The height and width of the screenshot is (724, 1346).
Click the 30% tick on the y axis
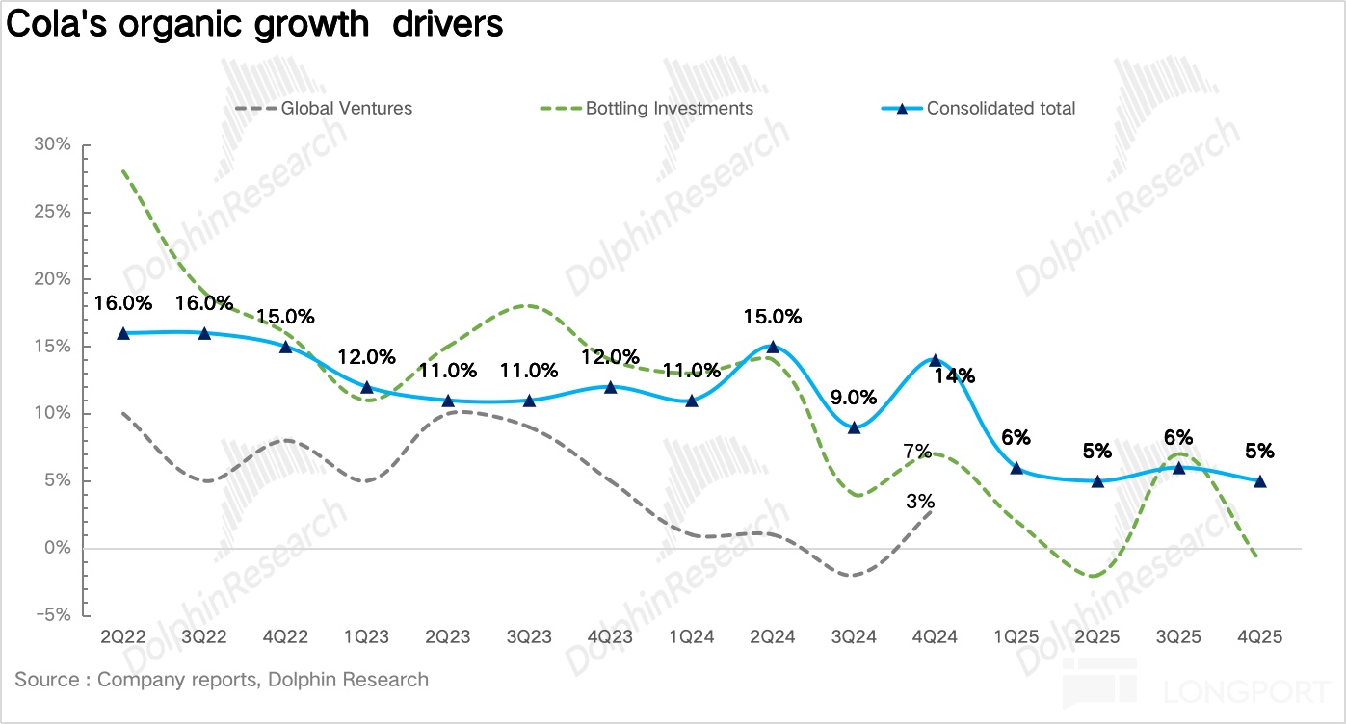[x=52, y=144]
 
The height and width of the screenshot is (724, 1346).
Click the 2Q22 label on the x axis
[x=122, y=637]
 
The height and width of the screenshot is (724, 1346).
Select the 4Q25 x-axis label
[x=1260, y=637]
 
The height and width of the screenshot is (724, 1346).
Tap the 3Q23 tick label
[x=529, y=637]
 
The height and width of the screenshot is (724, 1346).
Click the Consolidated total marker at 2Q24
[x=773, y=347]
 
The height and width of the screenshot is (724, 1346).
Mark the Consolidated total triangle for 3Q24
[x=854, y=427]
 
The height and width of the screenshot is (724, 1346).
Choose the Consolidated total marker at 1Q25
[x=1016, y=468]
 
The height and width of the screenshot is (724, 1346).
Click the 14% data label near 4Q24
[x=954, y=375]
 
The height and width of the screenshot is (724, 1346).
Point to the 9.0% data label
[x=854, y=397]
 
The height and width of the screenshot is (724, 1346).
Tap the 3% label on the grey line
[x=920, y=501]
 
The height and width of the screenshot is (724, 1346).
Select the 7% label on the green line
[x=916, y=451]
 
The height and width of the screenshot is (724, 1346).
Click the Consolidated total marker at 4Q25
[x=1260, y=481]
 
